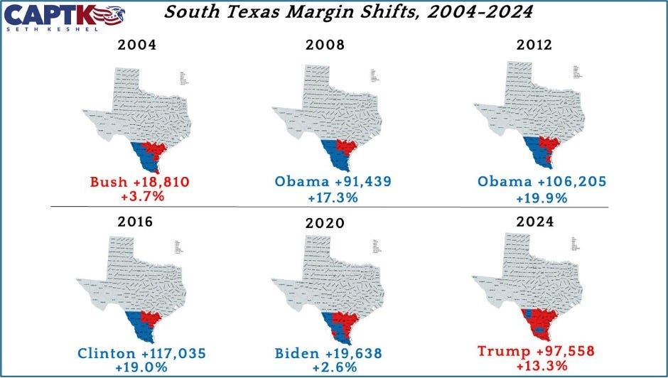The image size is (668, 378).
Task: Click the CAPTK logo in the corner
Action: coord(68,14)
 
